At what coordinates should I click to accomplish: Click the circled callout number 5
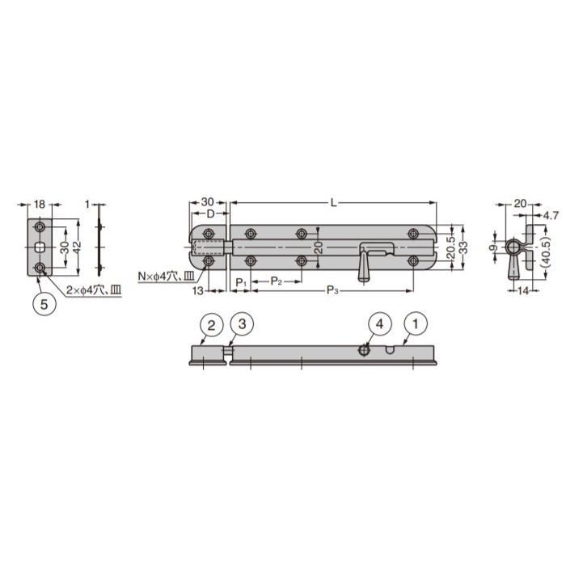click(44, 304)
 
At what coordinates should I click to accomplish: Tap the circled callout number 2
click(211, 325)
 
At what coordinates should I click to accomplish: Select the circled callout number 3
click(243, 323)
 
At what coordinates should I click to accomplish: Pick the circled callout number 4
click(380, 323)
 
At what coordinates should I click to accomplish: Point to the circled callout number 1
click(416, 323)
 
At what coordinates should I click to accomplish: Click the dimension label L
click(334, 203)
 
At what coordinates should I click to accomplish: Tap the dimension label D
click(210, 214)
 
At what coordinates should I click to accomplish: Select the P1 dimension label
click(241, 282)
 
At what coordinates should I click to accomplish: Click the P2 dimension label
click(277, 281)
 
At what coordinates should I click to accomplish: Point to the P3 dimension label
click(332, 289)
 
